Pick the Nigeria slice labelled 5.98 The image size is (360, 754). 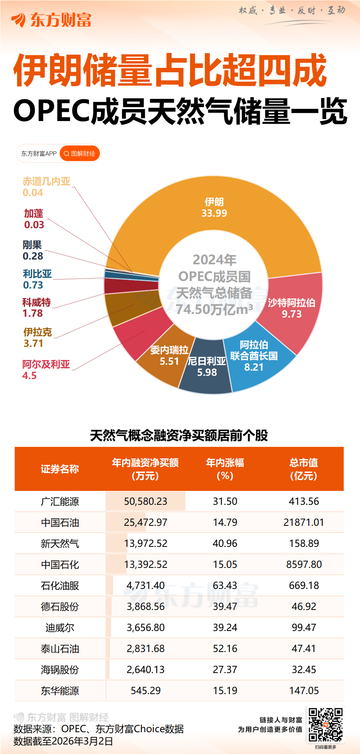206,367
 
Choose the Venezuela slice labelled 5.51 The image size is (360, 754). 169,356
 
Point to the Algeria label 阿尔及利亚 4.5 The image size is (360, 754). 46,369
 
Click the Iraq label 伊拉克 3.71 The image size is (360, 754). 37,338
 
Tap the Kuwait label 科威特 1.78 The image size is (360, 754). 36,308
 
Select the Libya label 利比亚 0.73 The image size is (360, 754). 37,279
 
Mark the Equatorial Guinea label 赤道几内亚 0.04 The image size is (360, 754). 46,187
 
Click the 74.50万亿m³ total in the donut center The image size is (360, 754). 214,309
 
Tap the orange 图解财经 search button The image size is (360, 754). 80,154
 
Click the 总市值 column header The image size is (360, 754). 304,469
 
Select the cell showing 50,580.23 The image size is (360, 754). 146,501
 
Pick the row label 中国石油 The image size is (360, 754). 60,522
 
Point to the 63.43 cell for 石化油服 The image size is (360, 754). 225,585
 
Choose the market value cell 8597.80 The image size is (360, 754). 304,564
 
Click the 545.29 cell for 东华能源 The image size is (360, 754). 146,691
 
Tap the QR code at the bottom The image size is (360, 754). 325,725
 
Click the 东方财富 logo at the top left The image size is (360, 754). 52,20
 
